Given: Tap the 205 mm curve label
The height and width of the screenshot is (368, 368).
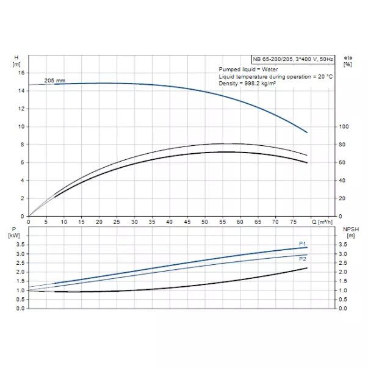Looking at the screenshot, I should tap(55, 81).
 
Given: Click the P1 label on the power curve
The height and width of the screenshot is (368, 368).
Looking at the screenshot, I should tap(302, 244).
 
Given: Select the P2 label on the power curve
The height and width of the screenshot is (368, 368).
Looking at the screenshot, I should tap(302, 259).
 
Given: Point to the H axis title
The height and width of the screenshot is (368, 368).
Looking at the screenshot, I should tap(16, 57).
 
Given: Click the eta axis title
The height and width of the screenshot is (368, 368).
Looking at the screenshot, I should tap(347, 57).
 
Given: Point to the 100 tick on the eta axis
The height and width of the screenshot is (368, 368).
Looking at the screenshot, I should tap(345, 126).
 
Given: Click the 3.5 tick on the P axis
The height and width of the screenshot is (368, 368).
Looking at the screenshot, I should tap(19, 245).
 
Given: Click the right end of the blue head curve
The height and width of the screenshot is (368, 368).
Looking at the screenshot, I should tap(307, 132).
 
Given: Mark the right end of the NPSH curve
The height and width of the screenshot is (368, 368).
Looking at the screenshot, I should tap(307, 268).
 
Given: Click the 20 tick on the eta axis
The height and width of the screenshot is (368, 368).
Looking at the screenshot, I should tap(344, 198).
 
